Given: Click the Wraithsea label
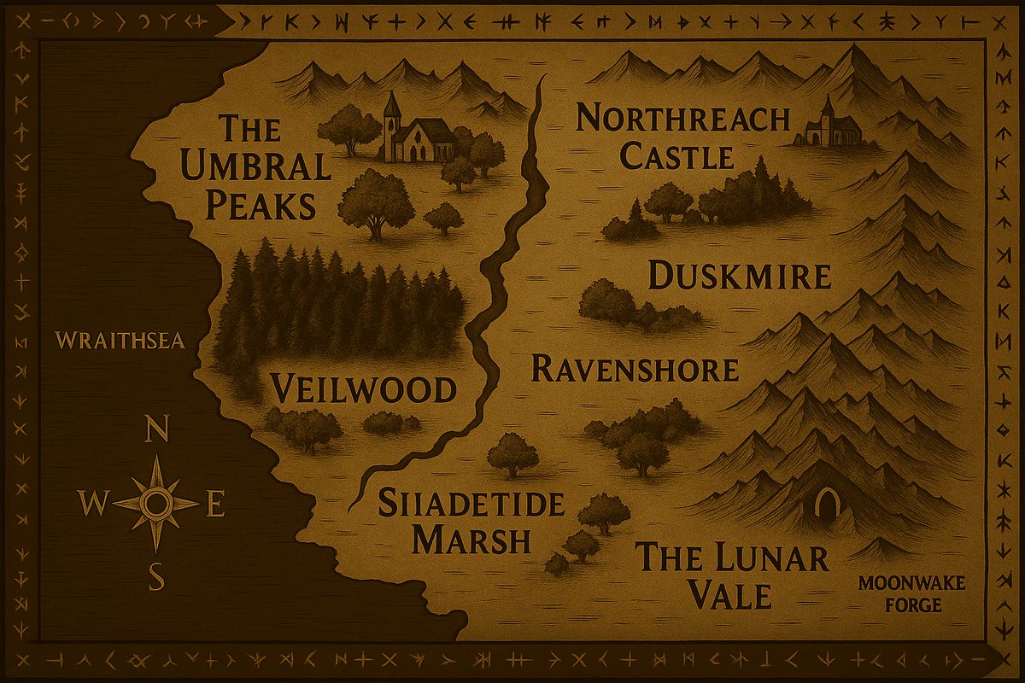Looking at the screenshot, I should pyautogui.click(x=120, y=341).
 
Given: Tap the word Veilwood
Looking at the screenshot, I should pyautogui.click(x=363, y=390).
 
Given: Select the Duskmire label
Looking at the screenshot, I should pyautogui.click(x=739, y=277).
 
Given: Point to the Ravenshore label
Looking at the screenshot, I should pyautogui.click(x=635, y=370).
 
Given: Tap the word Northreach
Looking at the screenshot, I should pyautogui.click(x=682, y=119).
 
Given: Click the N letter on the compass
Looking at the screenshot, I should pyautogui.click(x=157, y=432).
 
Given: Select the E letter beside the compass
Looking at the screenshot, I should pyautogui.click(x=215, y=506).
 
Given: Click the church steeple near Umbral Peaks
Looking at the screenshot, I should pyautogui.click(x=391, y=107).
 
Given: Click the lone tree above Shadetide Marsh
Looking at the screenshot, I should pyautogui.click(x=512, y=453).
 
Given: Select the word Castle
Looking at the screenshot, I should pyautogui.click(x=676, y=157).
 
